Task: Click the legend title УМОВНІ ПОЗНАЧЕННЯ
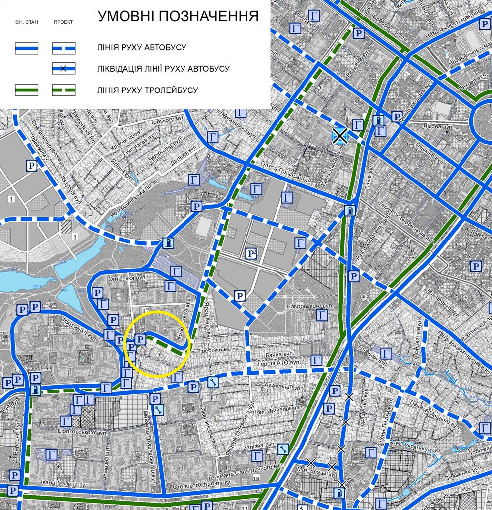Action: click(x=178, y=16)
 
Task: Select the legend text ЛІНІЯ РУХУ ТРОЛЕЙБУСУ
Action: click(x=148, y=90)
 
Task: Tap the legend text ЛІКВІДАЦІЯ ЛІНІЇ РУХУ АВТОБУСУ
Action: click(x=163, y=69)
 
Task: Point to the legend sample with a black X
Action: click(x=63, y=69)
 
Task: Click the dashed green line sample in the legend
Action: click(x=63, y=90)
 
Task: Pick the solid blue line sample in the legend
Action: click(x=27, y=48)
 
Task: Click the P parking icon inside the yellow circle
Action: click(x=140, y=340)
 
